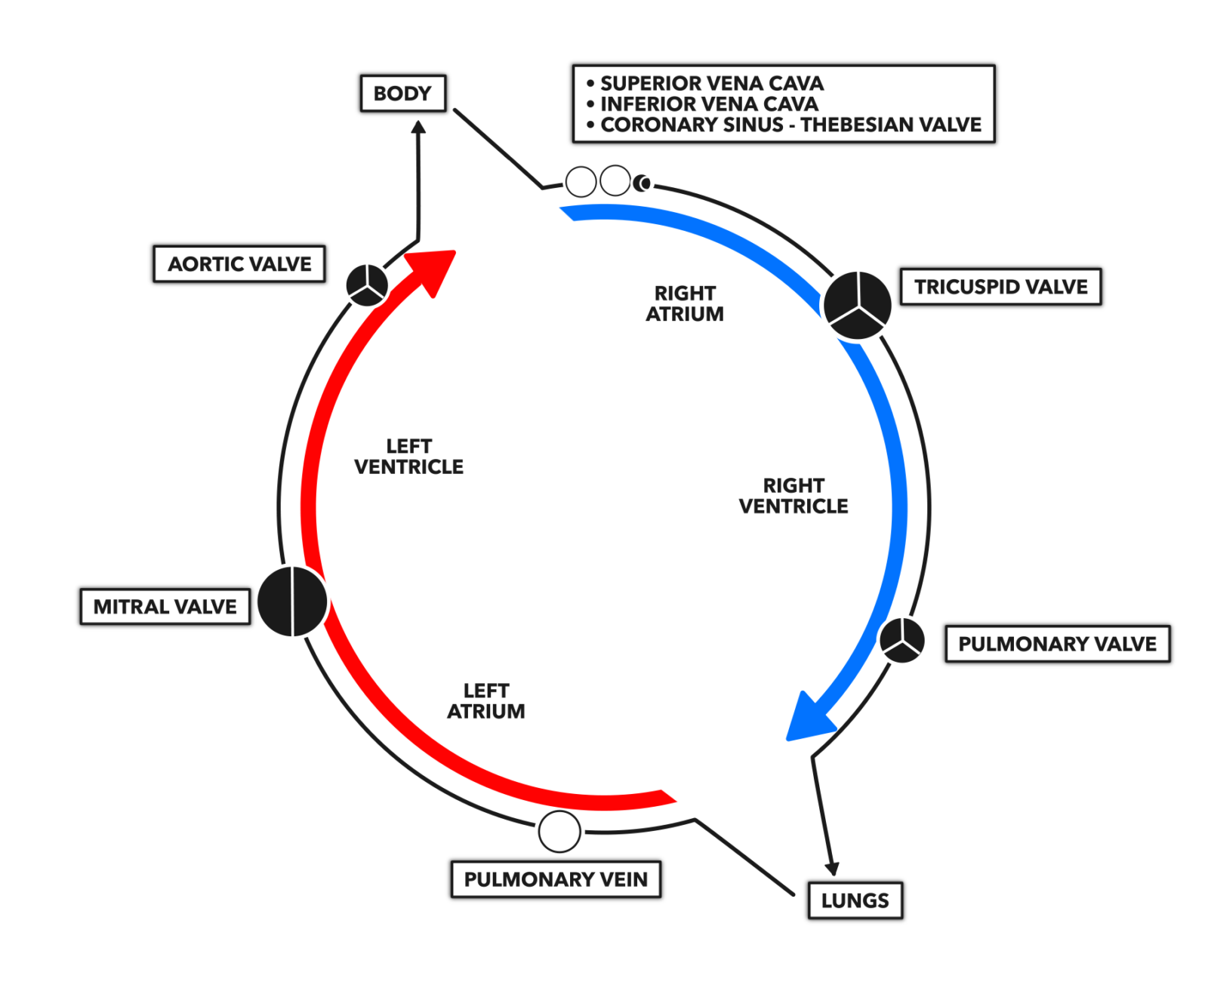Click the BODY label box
click(402, 94)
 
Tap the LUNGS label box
click(855, 900)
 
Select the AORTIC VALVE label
click(239, 264)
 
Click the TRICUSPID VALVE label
click(1000, 287)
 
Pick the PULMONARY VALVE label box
click(1057, 644)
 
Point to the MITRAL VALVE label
click(165, 607)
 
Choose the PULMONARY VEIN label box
click(556, 879)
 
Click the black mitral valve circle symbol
click(292, 601)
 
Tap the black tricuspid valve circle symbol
click(857, 305)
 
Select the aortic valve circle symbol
click(367, 285)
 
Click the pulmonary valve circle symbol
click(901, 640)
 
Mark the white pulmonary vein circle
click(559, 832)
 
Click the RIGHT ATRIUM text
click(684, 303)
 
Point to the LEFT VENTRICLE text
click(408, 457)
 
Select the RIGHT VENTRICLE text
click(793, 496)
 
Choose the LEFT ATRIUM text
click(485, 701)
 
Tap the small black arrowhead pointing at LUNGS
click(832, 869)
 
